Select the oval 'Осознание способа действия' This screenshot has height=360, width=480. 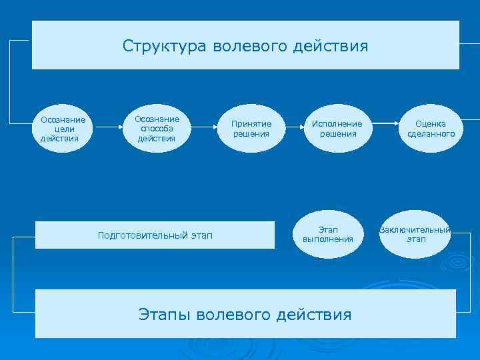tap(157, 129)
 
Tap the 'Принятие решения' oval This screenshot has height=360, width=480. tap(251, 129)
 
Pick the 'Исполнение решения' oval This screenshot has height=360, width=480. tap(337, 129)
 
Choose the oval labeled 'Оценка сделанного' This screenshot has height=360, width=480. tap(431, 129)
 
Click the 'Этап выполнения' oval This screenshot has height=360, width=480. tap(327, 234)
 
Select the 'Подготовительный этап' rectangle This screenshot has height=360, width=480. tap(155, 235)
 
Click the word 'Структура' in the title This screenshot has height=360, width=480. tap(165, 46)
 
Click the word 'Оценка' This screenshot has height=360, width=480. tap(431, 124)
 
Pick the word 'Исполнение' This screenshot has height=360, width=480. tap(337, 124)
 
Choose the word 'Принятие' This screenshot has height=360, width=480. tap(251, 124)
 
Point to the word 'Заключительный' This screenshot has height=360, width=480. tap(415, 230)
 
